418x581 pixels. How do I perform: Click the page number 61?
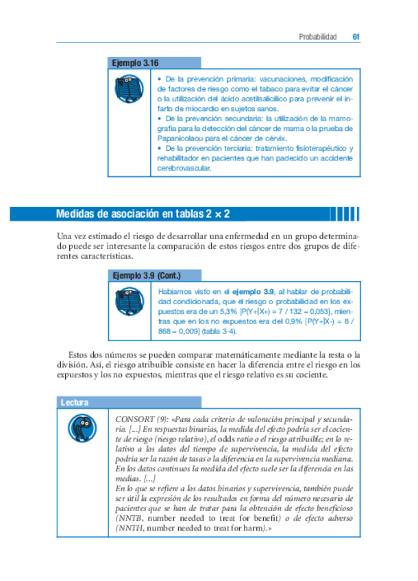click(356, 37)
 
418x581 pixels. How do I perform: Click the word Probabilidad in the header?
click(318, 37)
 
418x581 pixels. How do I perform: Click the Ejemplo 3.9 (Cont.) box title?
click(146, 277)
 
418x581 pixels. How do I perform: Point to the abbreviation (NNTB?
click(130, 519)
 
